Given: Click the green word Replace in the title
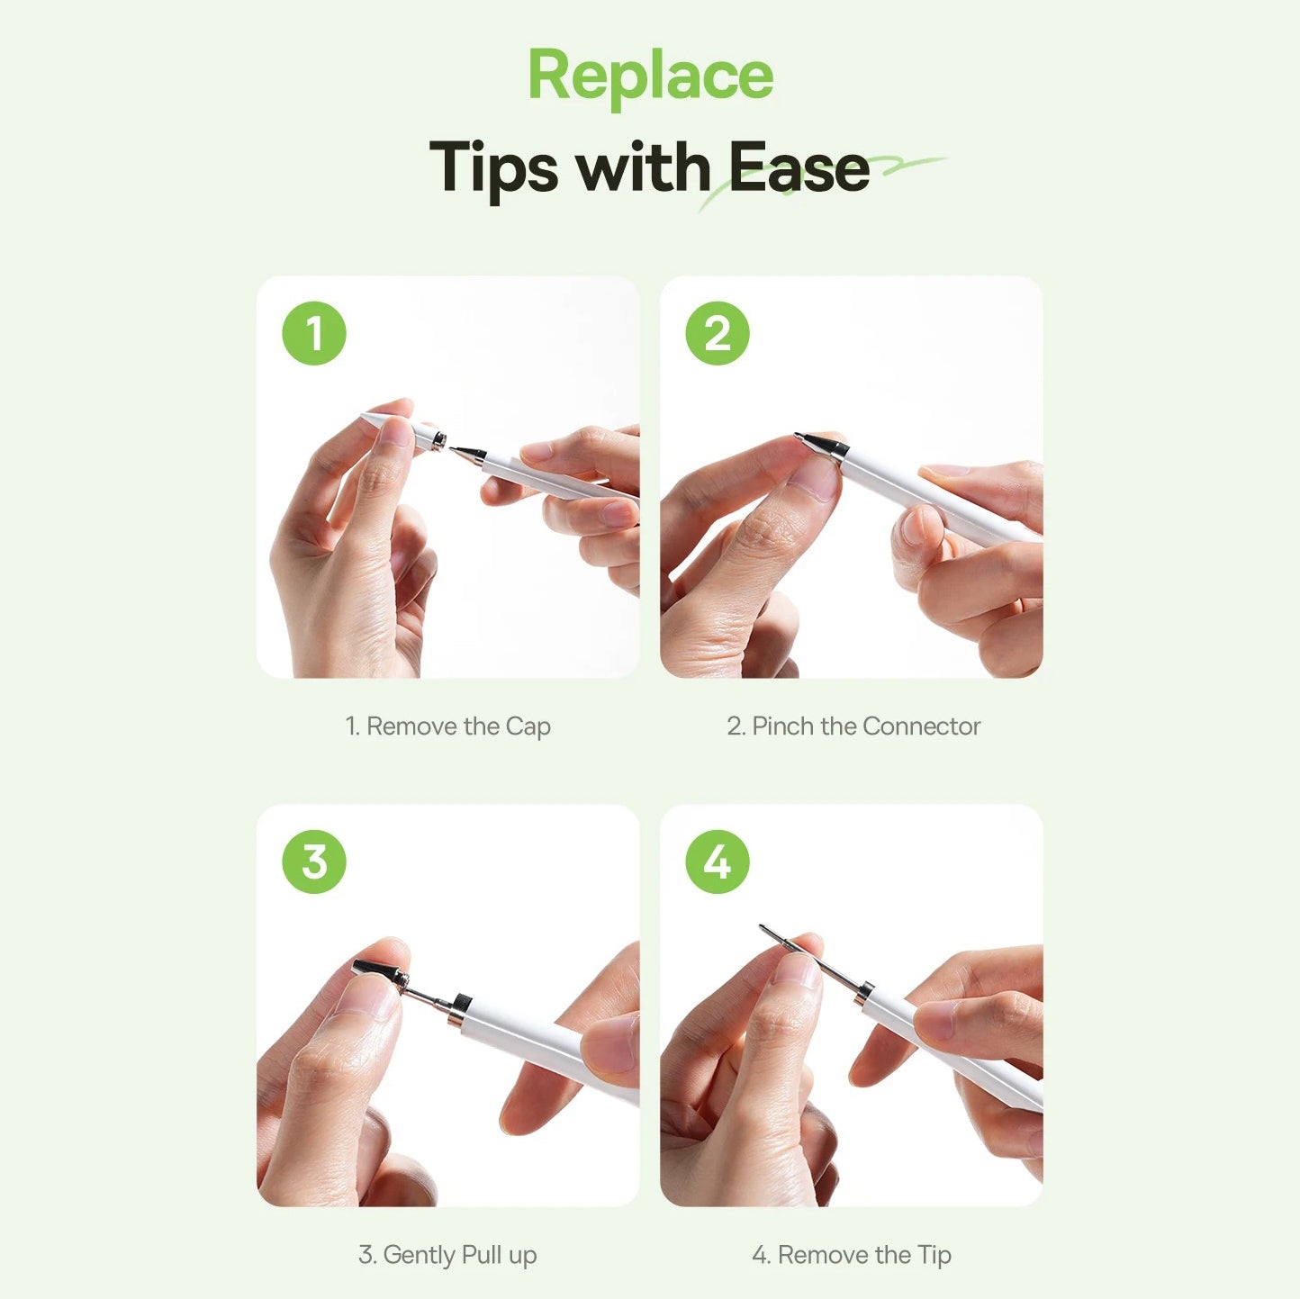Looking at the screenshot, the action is click(650, 77).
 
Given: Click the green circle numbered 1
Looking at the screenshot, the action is click(313, 333).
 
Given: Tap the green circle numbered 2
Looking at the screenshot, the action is click(718, 333).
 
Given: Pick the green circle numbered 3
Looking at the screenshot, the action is click(313, 861).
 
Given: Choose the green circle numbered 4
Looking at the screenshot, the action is click(718, 861).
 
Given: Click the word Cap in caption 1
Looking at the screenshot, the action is click(528, 727).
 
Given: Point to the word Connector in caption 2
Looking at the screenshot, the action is click(921, 726).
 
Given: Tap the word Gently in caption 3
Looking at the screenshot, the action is click(419, 1255).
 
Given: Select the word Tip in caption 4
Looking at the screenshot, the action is click(934, 1255).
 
